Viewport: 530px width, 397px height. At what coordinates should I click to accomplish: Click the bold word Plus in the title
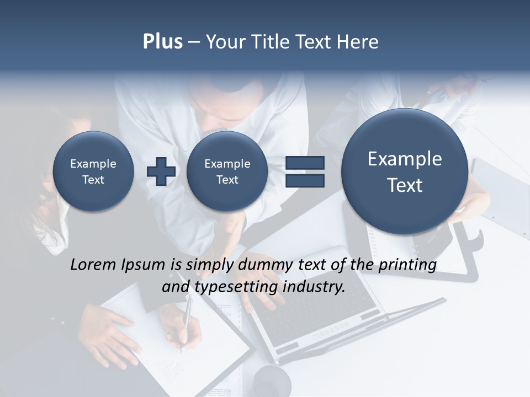(162, 42)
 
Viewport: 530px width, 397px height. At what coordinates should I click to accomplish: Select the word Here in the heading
(359, 42)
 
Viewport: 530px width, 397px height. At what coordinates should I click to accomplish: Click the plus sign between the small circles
(161, 171)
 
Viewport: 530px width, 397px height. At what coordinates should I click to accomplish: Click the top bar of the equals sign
(305, 163)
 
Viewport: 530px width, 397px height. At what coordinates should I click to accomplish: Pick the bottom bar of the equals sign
(305, 180)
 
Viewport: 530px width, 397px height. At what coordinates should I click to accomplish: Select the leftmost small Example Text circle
(93, 171)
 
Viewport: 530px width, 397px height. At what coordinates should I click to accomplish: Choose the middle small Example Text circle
(227, 171)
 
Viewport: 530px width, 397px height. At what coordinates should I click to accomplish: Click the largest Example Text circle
(405, 171)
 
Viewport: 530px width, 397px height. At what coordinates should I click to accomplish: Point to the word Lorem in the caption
(94, 265)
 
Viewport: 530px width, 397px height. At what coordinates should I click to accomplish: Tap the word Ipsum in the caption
(143, 265)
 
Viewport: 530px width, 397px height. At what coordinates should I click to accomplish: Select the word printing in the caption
(407, 265)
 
